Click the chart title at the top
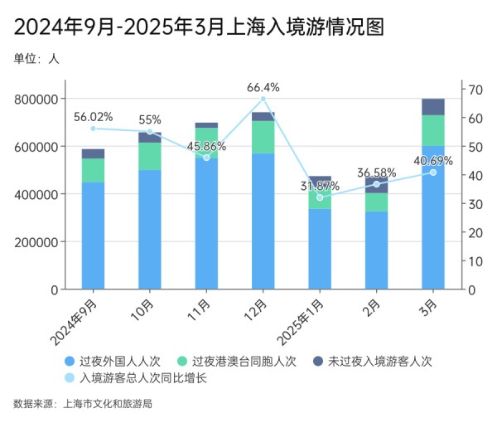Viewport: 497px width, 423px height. point(200,27)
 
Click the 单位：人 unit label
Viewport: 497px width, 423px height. point(36,59)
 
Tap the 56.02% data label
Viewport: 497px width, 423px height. point(93,117)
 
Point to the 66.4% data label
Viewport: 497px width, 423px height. point(263,87)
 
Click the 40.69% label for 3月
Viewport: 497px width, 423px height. point(432,161)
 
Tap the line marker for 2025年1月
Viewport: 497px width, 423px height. point(320,197)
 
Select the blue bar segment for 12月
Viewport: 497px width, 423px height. point(263,221)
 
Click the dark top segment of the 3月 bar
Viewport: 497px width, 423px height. point(433,106)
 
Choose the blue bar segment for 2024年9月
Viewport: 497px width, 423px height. point(93,236)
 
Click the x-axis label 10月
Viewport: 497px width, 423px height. point(142,309)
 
